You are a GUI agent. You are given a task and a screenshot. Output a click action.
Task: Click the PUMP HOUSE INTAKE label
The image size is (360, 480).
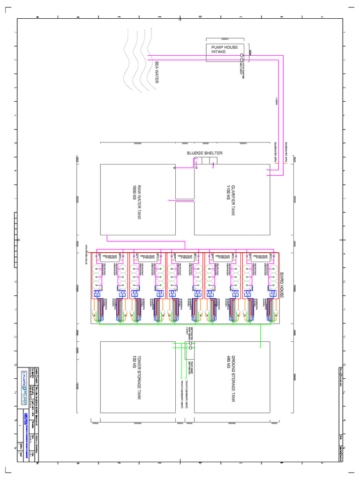coord(225,50)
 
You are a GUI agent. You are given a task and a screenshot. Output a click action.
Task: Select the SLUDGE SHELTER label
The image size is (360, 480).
coord(204,153)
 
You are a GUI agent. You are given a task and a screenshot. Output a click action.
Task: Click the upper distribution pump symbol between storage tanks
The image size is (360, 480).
coord(190,343)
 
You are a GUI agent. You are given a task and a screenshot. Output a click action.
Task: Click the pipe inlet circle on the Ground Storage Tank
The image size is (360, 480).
coord(260,348)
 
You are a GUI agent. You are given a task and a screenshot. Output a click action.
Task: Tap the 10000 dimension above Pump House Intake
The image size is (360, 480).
coord(225,38)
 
